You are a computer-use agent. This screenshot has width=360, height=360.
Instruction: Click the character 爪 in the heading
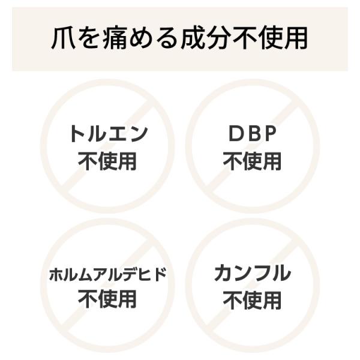pyautogui.click(x=64, y=38)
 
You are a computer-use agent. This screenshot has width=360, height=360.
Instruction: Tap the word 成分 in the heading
pyautogui.click(x=206, y=38)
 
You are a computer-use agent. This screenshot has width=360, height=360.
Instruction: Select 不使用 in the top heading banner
pyautogui.click(x=270, y=38)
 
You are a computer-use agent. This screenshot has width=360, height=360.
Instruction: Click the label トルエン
pyautogui.click(x=109, y=134)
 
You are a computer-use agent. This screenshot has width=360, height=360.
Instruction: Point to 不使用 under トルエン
pyautogui.click(x=107, y=161)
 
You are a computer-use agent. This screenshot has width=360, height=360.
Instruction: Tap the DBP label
pyautogui.click(x=253, y=134)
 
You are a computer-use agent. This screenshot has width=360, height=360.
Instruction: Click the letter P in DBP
pyautogui.click(x=270, y=134)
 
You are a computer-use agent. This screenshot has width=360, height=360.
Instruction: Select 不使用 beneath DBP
pyautogui.click(x=253, y=161)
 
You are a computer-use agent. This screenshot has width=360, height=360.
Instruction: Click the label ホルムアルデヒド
pyautogui.click(x=107, y=274)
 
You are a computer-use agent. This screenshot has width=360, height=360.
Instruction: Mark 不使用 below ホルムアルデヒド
pyautogui.click(x=107, y=299)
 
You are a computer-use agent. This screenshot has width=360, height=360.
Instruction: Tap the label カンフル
pyautogui.click(x=253, y=273)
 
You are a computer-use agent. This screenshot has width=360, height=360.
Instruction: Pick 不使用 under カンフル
pyautogui.click(x=253, y=300)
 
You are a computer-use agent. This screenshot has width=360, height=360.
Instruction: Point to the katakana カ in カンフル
pyautogui.click(x=224, y=273)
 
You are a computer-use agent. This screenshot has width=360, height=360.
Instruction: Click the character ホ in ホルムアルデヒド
pyautogui.click(x=56, y=275)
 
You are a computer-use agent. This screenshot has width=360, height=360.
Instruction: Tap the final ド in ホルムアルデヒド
pyautogui.click(x=160, y=274)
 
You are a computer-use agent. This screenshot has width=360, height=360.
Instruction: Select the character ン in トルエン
pyautogui.click(x=139, y=134)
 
